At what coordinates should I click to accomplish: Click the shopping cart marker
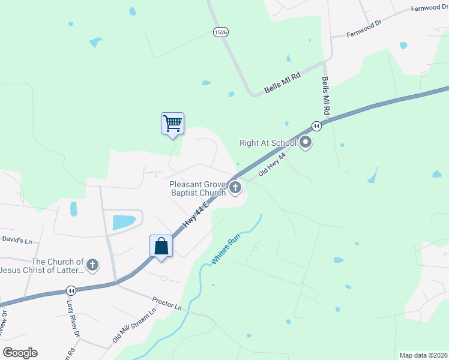click(172, 124)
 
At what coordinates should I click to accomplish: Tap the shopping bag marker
click(161, 246)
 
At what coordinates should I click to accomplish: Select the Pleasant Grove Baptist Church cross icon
click(235, 188)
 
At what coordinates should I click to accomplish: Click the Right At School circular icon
click(306, 142)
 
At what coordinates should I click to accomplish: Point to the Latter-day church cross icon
click(92, 265)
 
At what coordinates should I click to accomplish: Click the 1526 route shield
click(220, 32)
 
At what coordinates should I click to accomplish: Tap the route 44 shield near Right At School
click(316, 126)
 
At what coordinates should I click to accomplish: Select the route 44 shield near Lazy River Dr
click(71, 291)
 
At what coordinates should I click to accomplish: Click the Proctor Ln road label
click(166, 302)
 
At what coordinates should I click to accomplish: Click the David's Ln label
click(16, 240)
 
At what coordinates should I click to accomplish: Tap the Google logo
click(20, 353)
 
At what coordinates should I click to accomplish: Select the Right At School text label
click(268, 143)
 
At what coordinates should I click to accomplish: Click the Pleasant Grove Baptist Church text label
click(197, 188)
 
